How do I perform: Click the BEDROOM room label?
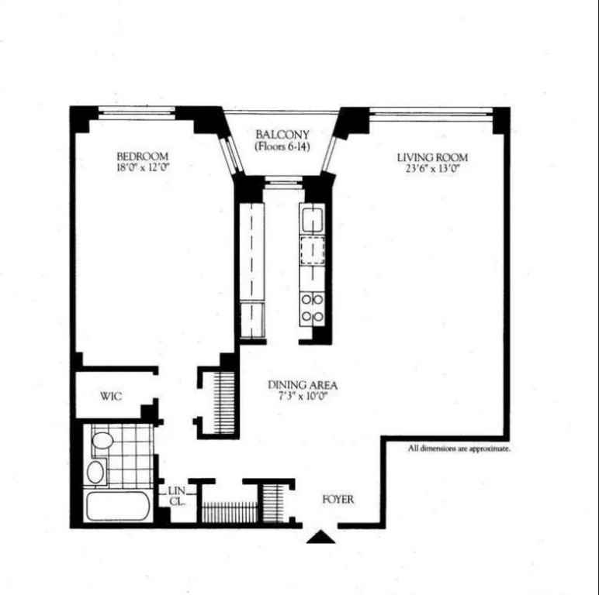[x=142, y=156]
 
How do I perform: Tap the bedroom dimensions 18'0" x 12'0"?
[x=142, y=167]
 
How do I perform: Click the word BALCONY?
[x=282, y=134]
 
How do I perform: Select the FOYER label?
[x=338, y=500]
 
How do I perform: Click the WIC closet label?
[x=111, y=397]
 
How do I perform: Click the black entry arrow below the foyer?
[x=320, y=537]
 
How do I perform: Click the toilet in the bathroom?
[x=102, y=442]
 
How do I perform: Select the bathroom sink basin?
[x=95, y=471]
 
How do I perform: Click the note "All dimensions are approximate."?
[x=459, y=449]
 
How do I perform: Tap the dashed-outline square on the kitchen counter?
[x=313, y=250]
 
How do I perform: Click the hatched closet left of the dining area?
[x=223, y=403]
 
